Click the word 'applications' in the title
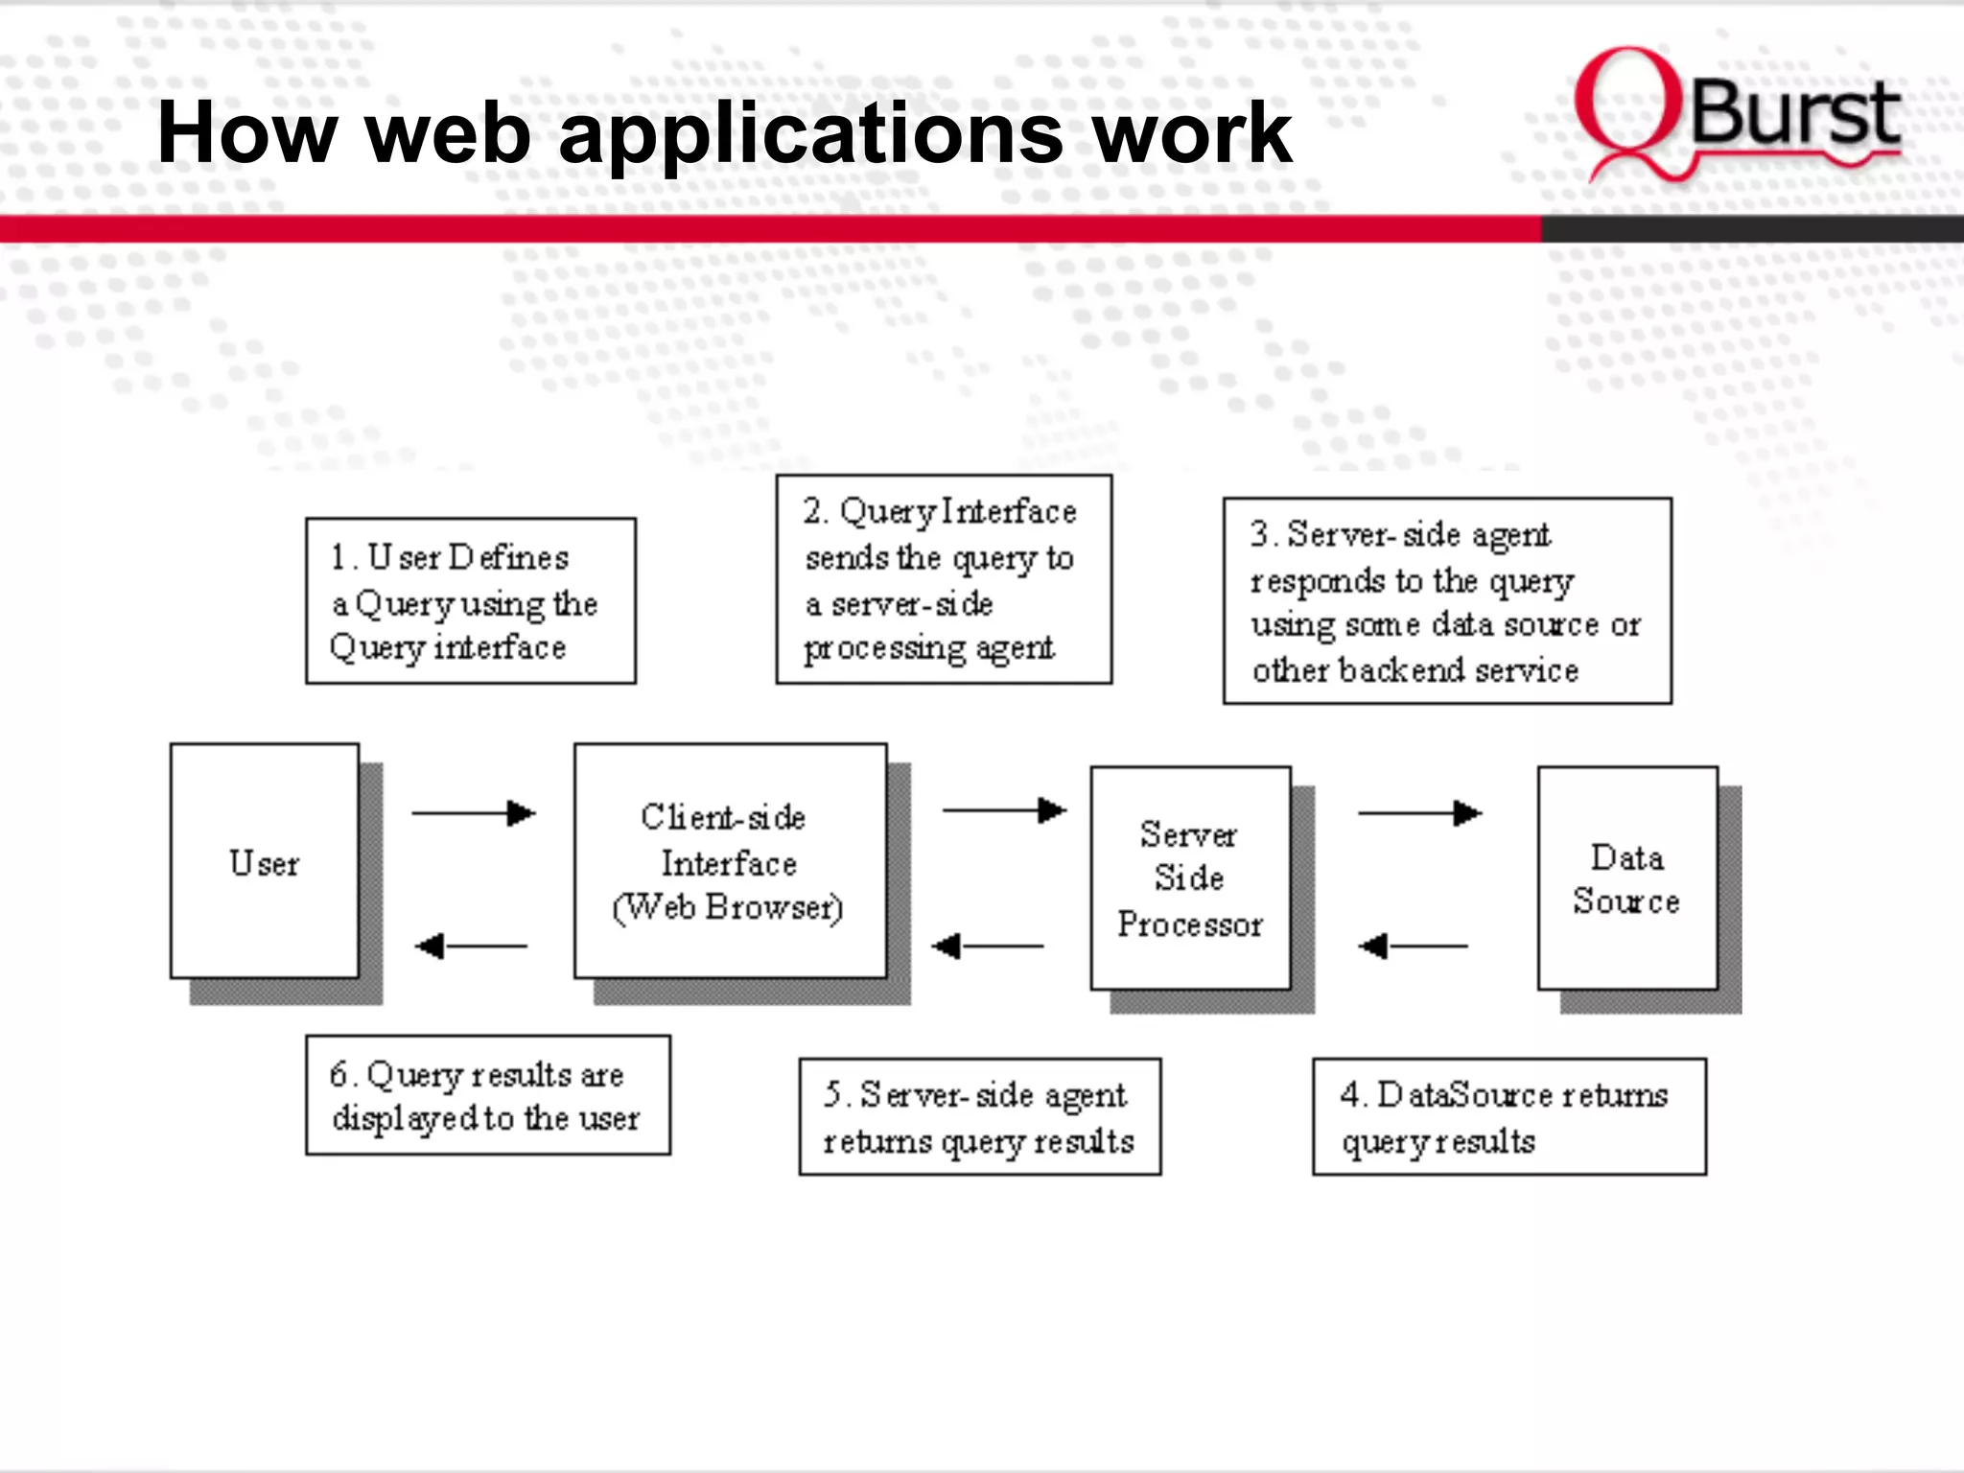(x=810, y=134)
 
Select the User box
(x=265, y=861)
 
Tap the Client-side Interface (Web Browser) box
(x=730, y=861)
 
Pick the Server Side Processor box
(x=1190, y=877)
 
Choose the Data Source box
(x=1627, y=877)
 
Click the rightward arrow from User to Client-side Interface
(x=473, y=813)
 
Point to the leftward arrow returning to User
(x=471, y=947)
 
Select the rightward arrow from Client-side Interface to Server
(x=1004, y=810)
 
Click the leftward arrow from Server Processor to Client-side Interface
(x=988, y=947)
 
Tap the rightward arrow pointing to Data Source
(x=1419, y=813)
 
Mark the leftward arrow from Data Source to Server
(x=1413, y=947)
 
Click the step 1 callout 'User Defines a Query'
(x=470, y=601)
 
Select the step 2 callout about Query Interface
(x=944, y=579)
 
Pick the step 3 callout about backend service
(x=1447, y=601)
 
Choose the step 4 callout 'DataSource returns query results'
(x=1509, y=1116)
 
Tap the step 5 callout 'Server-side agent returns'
(x=980, y=1116)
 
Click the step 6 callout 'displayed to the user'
(x=487, y=1095)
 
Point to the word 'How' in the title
(x=246, y=134)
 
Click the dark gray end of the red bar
(x=1751, y=228)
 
